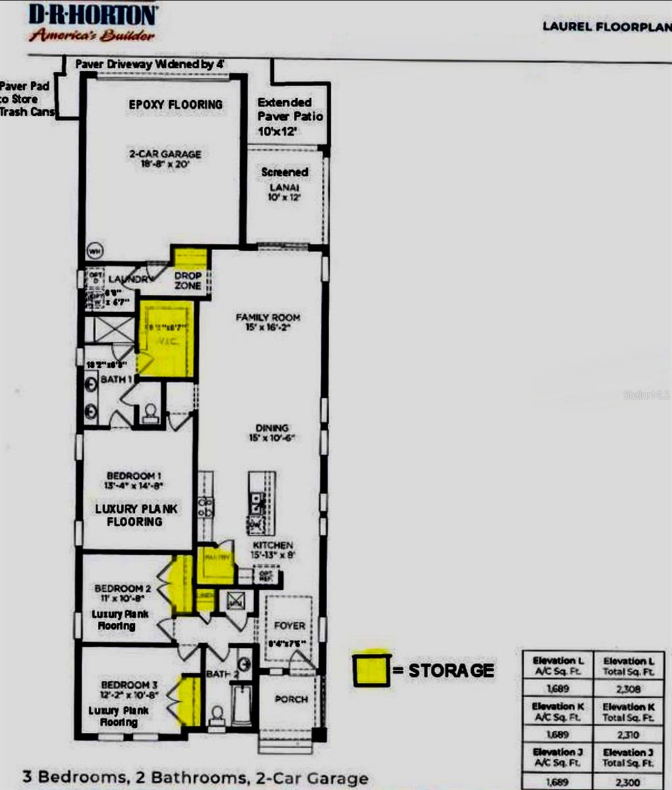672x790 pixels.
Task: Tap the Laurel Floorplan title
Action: click(606, 26)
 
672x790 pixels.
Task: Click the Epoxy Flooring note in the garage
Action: click(175, 105)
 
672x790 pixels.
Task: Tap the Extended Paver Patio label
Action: click(290, 116)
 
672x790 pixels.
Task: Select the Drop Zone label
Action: click(188, 280)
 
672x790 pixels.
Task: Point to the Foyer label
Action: click(290, 625)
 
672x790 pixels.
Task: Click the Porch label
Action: click(291, 699)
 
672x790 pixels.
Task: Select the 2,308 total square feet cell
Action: click(625, 689)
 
